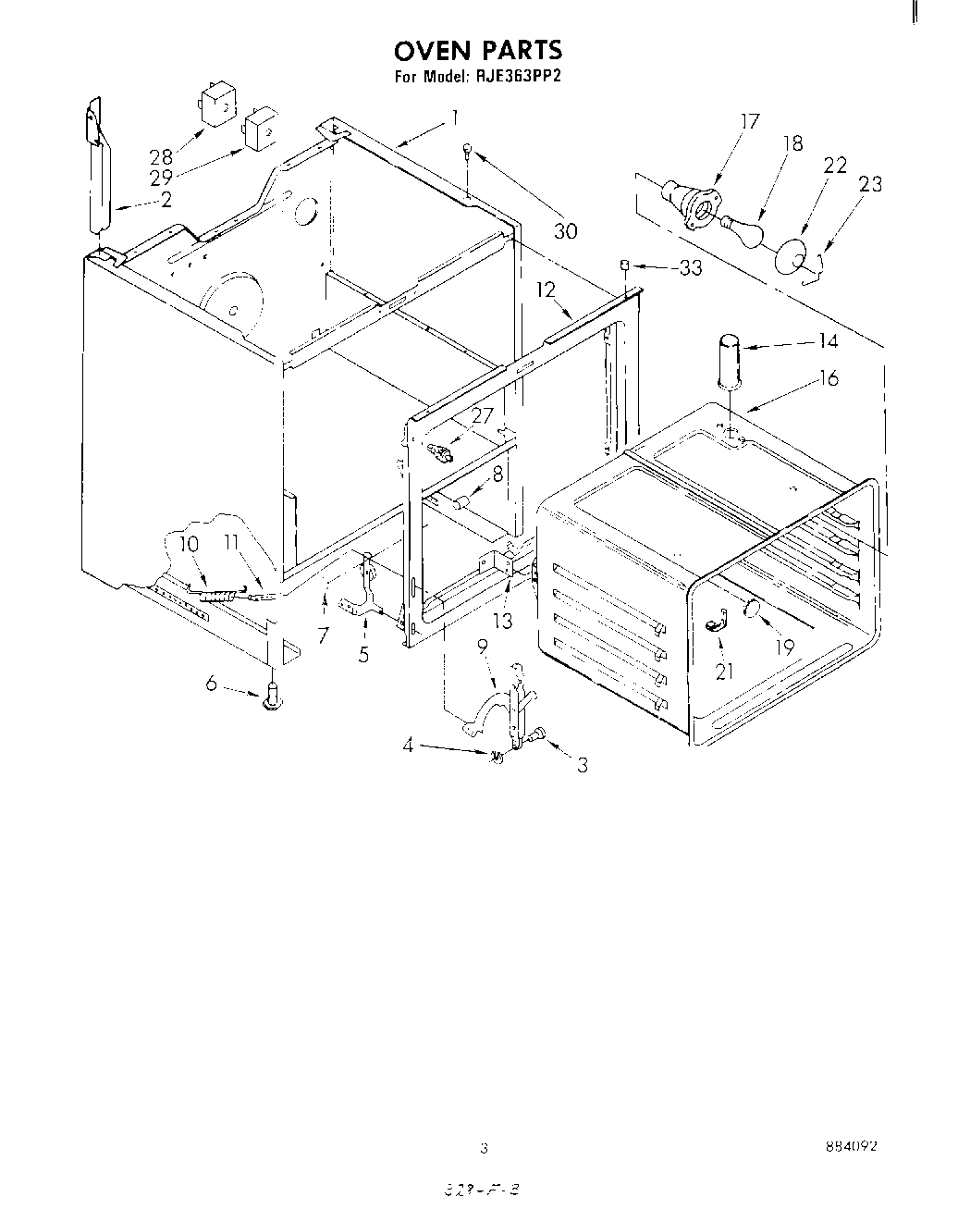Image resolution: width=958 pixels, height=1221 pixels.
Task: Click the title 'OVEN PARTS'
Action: coord(478,49)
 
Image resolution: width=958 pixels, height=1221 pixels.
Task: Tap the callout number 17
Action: coord(749,121)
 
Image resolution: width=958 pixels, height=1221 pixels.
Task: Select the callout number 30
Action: coord(565,230)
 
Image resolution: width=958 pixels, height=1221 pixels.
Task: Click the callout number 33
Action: coord(690,268)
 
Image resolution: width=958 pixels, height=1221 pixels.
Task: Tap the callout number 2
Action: coord(166,200)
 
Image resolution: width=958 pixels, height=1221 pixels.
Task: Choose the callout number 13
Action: coord(501,621)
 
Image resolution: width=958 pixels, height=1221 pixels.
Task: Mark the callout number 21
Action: coord(724,671)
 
